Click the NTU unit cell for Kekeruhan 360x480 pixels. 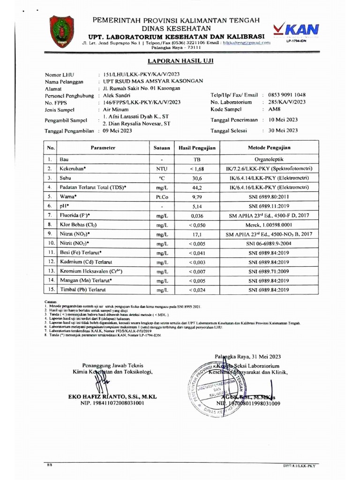point(162,169)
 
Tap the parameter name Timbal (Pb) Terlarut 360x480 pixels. point(82,291)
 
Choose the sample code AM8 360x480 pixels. point(274,109)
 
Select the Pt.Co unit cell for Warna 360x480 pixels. point(162,196)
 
